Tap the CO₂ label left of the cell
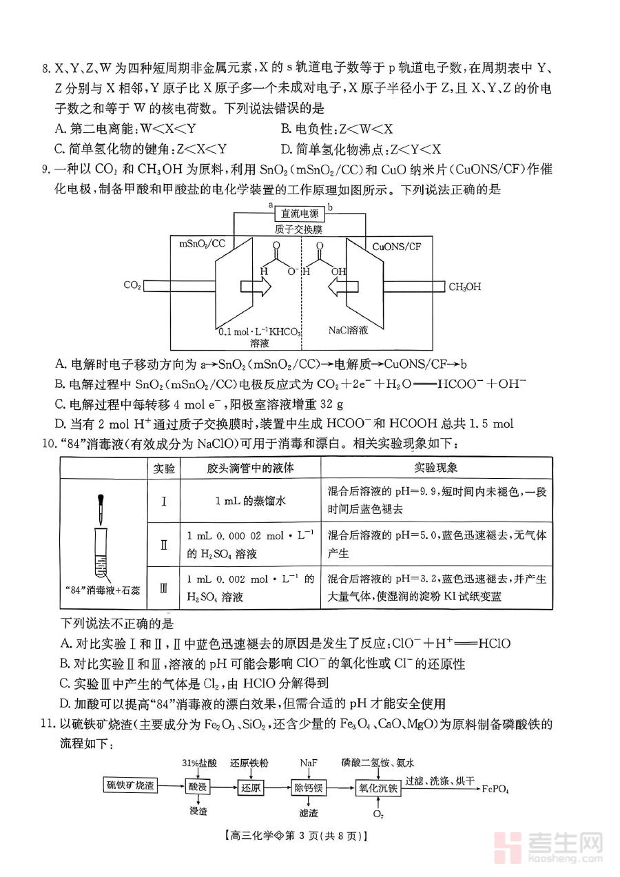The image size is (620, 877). (x=132, y=285)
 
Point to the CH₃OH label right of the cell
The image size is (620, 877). (x=465, y=287)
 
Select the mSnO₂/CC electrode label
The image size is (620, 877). (x=203, y=244)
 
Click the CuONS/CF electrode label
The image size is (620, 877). (x=397, y=246)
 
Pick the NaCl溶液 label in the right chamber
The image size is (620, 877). (x=348, y=331)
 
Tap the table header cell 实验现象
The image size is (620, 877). (x=436, y=468)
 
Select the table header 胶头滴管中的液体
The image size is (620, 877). (x=250, y=468)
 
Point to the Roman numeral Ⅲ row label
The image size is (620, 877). (x=163, y=588)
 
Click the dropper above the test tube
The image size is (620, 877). (x=101, y=509)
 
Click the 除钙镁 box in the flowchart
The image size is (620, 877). (x=308, y=787)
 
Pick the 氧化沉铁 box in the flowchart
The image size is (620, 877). (x=378, y=787)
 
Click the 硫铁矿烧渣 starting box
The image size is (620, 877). (x=130, y=787)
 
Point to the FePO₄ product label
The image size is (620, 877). (x=496, y=788)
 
